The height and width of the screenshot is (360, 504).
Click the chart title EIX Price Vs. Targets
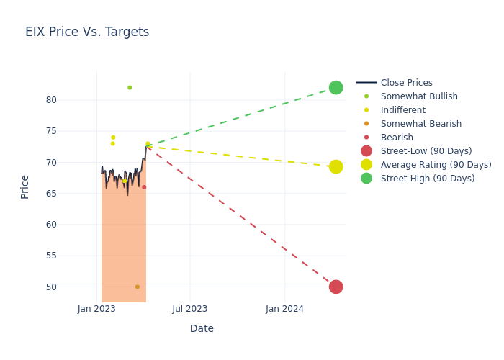87,32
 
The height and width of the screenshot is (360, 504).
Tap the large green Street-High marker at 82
336,88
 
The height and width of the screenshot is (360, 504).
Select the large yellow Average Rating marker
336,166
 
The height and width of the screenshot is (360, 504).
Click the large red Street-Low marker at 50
336,287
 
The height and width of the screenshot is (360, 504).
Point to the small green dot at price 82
130,88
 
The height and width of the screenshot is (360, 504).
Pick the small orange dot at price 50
138,287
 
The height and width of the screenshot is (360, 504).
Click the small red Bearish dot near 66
144,187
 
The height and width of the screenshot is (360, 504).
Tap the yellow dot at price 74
113,138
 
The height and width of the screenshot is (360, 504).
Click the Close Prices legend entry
406,83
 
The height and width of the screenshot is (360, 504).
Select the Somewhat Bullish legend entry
418,96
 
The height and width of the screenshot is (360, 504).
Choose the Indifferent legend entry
402,110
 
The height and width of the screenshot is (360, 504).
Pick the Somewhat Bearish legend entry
420,124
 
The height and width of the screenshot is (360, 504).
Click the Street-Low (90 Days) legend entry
426,151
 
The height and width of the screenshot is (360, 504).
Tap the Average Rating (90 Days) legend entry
436,165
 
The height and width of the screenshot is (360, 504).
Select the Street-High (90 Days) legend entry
427,179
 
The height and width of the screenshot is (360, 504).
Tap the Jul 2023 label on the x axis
190,309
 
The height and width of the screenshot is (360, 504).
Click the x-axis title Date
202,328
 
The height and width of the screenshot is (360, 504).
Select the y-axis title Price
25,186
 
